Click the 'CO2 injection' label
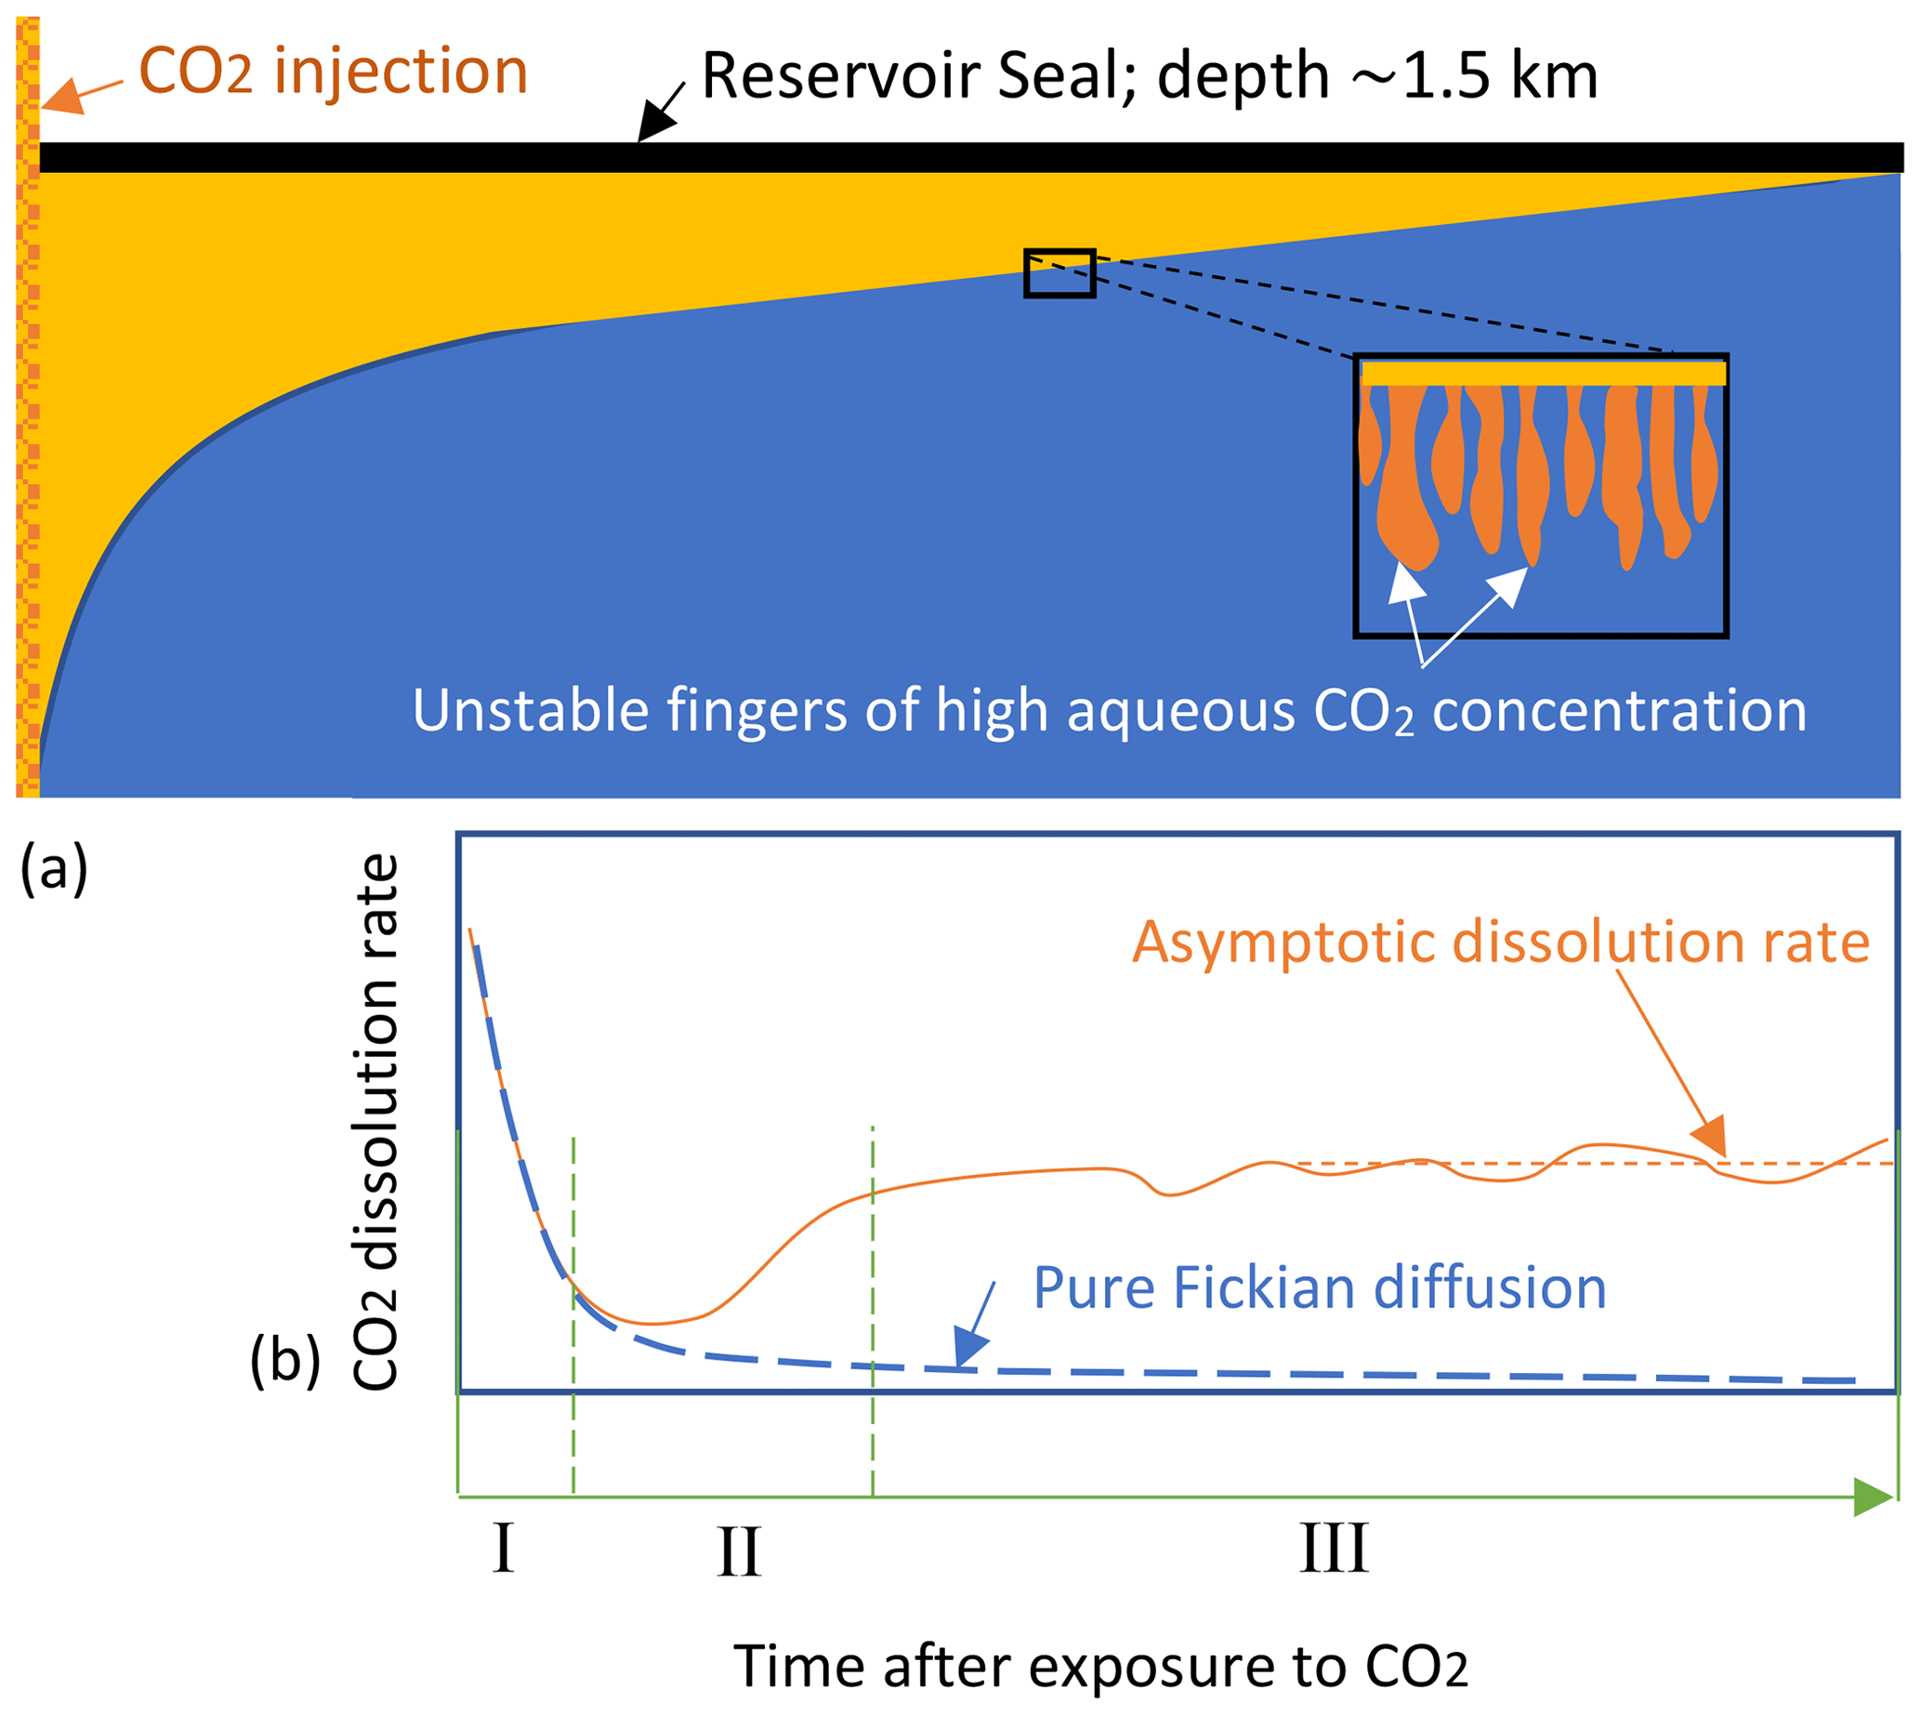(333, 72)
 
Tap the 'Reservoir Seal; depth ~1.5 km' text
(1151, 75)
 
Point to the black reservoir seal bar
(971, 157)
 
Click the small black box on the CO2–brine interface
(1059, 273)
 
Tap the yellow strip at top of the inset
(1543, 373)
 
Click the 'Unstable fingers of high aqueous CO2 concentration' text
(1109, 711)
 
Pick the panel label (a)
(54, 868)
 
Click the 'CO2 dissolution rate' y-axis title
(375, 1122)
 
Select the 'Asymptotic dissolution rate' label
(1501, 943)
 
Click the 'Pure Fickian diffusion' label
(1320, 1288)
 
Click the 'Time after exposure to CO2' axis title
(1100, 1665)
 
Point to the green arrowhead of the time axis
(1873, 1497)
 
